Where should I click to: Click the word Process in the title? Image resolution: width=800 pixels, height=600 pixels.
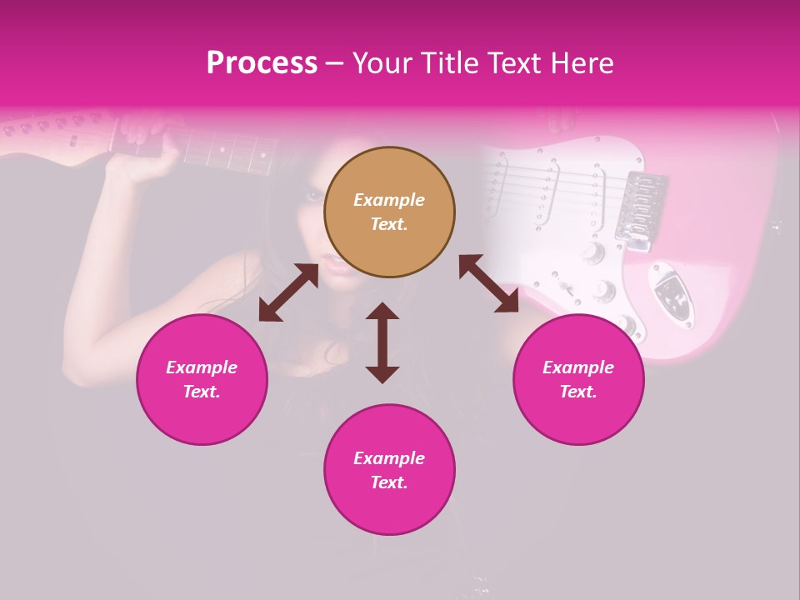coord(262,63)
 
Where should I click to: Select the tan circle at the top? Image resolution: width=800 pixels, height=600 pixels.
coord(389,212)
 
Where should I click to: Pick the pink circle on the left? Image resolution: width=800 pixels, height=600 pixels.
coord(202,379)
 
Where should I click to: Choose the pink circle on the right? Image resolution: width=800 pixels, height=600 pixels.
coord(578,379)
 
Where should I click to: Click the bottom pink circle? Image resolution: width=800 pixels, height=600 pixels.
coord(389,470)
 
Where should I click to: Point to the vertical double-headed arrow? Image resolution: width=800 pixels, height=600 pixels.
coord(382,342)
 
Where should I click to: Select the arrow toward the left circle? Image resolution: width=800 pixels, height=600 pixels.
coord(288,292)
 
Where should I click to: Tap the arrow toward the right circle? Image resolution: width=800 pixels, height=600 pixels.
coord(488,283)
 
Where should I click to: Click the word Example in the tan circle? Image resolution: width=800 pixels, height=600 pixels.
coord(389,200)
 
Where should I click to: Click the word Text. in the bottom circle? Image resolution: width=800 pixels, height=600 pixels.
coord(389,482)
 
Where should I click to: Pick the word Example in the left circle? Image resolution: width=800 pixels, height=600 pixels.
coord(202,367)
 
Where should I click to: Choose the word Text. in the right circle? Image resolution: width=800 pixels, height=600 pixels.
coord(578,392)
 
